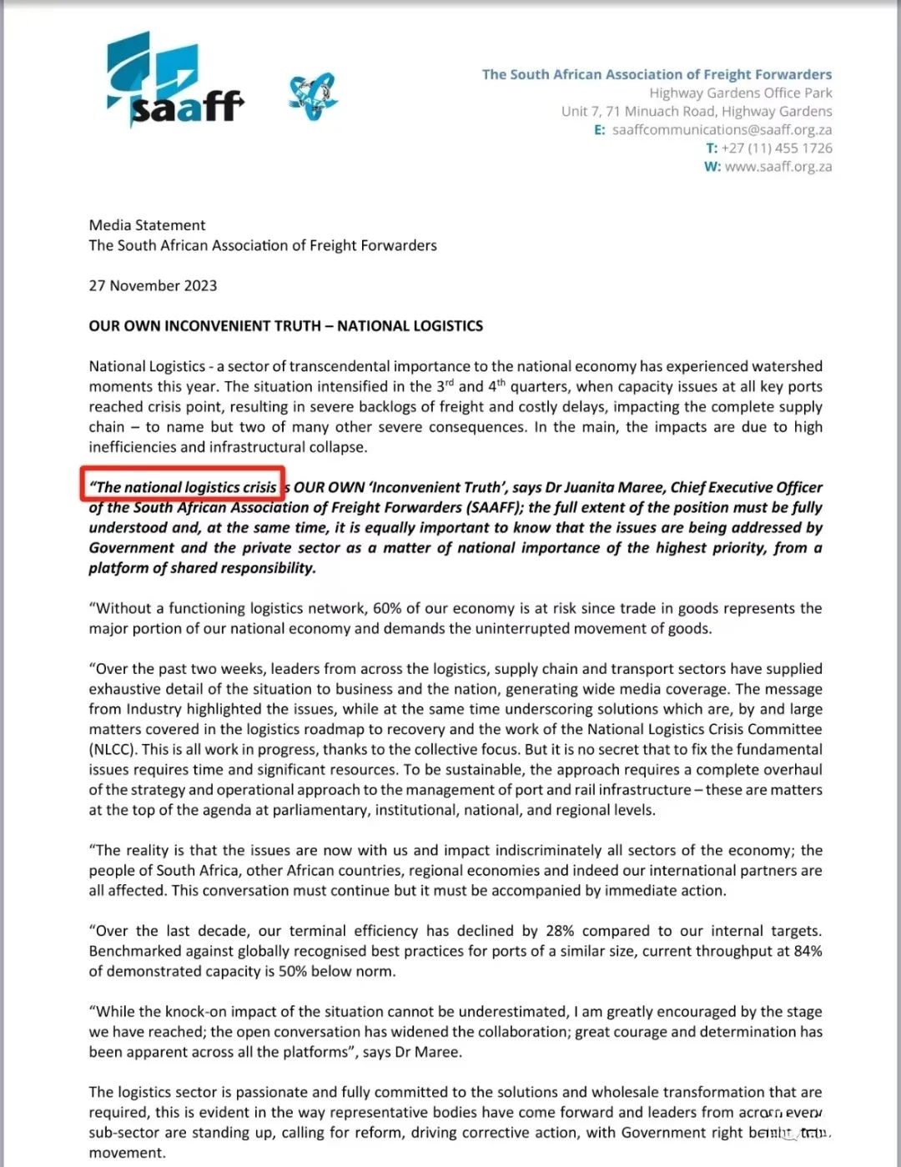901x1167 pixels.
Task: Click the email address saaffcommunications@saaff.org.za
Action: point(722,130)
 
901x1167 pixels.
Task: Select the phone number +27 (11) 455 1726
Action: point(776,148)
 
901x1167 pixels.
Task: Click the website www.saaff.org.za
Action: point(778,167)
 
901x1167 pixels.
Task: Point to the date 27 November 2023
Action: point(153,286)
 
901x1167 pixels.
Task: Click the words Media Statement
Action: point(147,225)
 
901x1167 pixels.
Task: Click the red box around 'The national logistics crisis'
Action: point(183,484)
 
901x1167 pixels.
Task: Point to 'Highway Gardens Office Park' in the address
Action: point(740,93)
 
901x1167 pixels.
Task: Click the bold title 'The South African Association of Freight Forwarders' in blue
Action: point(657,74)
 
